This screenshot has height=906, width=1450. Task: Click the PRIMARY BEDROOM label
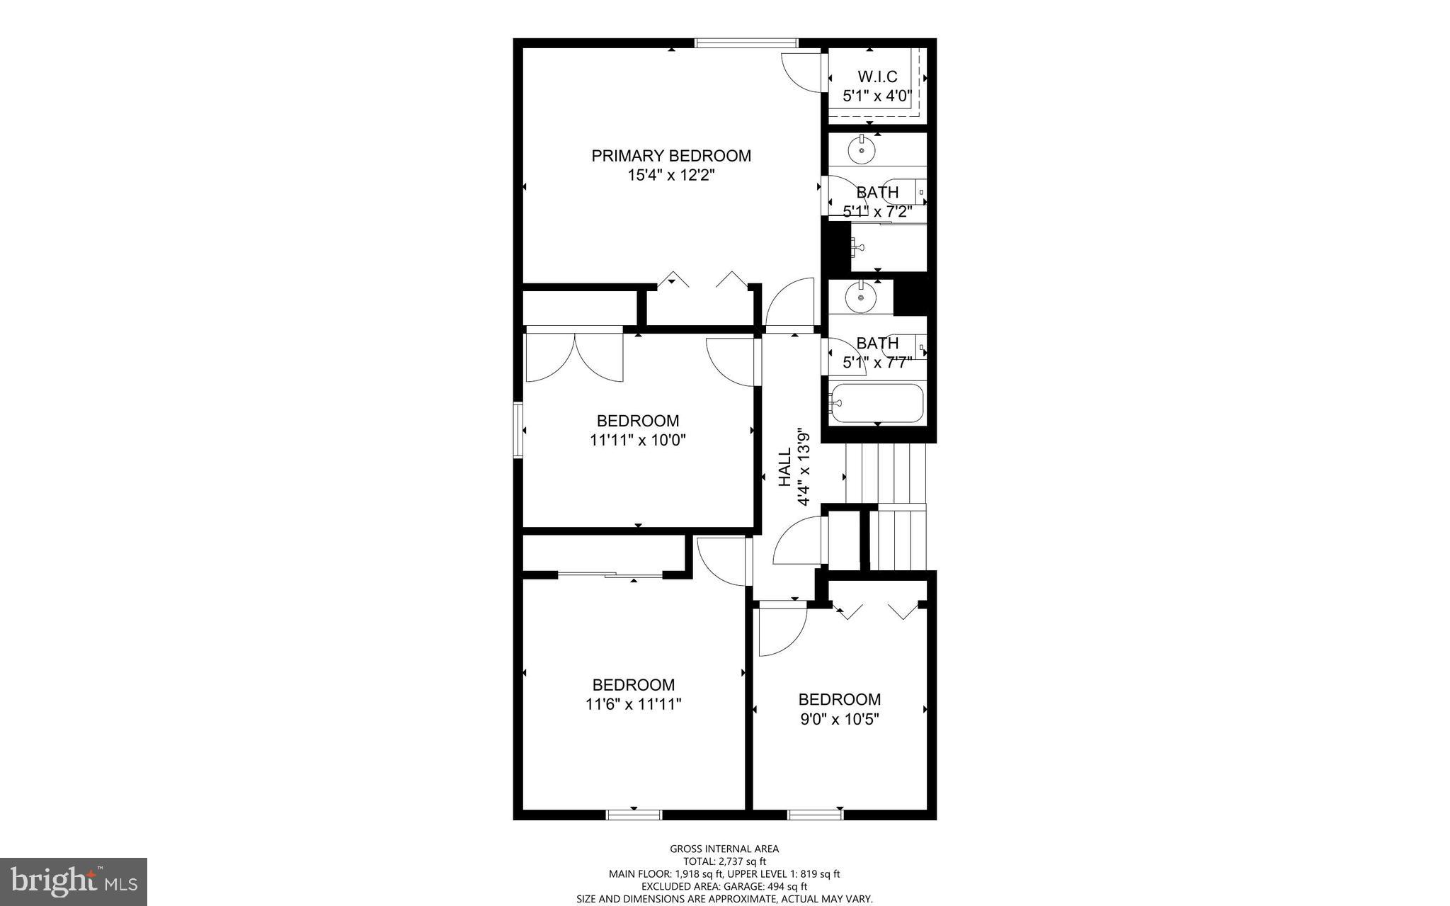pos(670,156)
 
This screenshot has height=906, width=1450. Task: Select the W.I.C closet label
pos(877,77)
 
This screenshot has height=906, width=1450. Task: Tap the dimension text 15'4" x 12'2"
pos(670,175)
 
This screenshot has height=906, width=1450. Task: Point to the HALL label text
pos(785,468)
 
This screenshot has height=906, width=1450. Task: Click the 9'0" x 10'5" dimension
pos(839,719)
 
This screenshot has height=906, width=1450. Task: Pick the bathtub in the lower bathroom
pos(877,403)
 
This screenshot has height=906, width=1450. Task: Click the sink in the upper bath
pos(862,150)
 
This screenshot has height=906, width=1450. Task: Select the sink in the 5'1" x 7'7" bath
pos(861,298)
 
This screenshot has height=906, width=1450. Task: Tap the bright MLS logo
pos(74,881)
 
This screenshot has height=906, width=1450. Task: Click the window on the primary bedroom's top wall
pos(746,43)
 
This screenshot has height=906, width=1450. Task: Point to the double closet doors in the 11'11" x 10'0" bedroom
pos(574,356)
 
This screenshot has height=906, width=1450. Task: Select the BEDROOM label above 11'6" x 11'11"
pos(633,685)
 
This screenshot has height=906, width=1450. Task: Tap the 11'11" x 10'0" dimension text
pos(637,440)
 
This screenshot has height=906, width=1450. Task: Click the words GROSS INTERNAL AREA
pos(724,849)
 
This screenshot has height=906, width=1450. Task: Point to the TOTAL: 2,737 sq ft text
pos(724,861)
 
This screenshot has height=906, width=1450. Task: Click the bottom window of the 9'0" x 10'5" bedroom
pos(815,815)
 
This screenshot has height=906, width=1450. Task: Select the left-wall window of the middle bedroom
pos(518,430)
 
